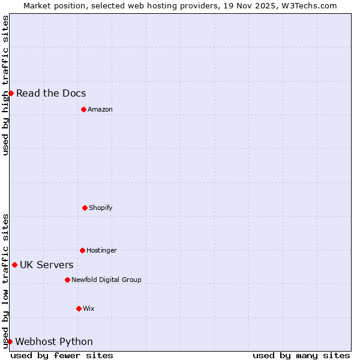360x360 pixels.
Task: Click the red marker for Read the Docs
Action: pyautogui.click(x=11, y=93)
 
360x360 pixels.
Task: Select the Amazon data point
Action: pyautogui.click(x=83, y=109)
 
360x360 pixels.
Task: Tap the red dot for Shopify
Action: pyautogui.click(x=85, y=208)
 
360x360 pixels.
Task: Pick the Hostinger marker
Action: pyautogui.click(x=82, y=250)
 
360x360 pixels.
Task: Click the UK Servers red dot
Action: pyautogui.click(x=14, y=265)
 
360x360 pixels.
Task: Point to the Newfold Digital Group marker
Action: pyautogui.click(x=67, y=280)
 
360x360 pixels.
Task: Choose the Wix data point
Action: pyautogui.click(x=79, y=308)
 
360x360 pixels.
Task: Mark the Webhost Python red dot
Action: pyautogui.click(x=10, y=341)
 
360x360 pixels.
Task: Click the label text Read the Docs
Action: pyautogui.click(x=51, y=93)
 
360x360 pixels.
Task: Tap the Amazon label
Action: pyautogui.click(x=100, y=109)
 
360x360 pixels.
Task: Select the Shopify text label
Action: pyautogui.click(x=100, y=208)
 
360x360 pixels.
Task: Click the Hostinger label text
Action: pyautogui.click(x=101, y=250)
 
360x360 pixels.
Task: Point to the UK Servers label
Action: pyautogui.click(x=47, y=265)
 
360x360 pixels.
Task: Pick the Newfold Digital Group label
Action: pyautogui.click(x=106, y=280)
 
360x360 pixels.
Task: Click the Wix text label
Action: pyautogui.click(x=88, y=308)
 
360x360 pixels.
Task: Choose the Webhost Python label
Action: pyautogui.click(x=54, y=341)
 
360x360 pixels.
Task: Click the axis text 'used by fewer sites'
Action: pyautogui.click(x=62, y=355)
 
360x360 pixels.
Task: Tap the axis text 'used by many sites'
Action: pyautogui.click(x=301, y=355)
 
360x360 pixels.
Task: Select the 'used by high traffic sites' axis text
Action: pyautogui.click(x=5, y=85)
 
